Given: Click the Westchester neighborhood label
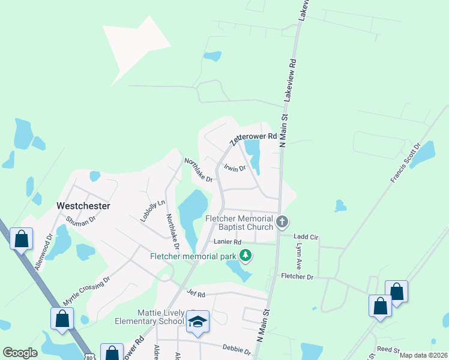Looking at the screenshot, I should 83,205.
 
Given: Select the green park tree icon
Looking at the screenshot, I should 245,256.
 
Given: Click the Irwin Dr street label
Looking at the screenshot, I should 235,169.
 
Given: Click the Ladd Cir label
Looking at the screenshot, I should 306,238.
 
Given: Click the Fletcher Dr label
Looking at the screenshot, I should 297,277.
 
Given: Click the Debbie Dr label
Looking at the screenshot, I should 236,349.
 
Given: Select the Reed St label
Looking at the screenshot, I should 388,349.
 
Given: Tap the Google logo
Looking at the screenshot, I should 20,353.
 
